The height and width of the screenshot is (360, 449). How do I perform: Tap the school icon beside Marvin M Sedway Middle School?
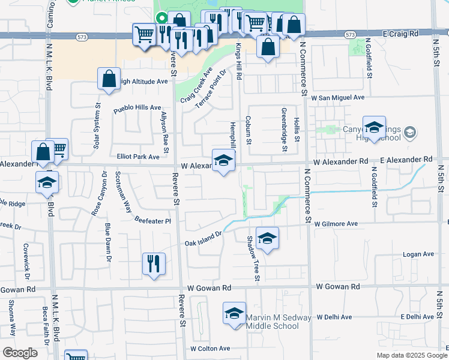coord(235,313)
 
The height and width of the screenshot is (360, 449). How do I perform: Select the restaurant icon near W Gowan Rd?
coord(154,263)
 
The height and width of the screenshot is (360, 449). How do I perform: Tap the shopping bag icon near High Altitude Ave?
coord(109,79)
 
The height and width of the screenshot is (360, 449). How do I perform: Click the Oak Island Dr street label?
coord(203,238)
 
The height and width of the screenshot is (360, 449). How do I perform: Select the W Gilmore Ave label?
coord(336,224)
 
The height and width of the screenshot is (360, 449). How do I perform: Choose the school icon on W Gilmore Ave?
coord(268,238)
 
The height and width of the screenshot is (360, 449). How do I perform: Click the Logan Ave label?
coord(418,254)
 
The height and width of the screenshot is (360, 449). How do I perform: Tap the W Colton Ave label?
coord(210,348)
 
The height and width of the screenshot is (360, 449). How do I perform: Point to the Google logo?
coord(20,353)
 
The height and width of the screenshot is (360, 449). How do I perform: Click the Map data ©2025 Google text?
coord(411,355)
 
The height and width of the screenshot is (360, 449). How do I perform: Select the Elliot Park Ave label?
coord(138,157)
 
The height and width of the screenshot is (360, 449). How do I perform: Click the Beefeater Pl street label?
coord(153,221)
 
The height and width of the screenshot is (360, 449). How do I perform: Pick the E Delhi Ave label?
coord(417,316)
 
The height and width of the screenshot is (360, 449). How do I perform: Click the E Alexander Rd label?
coord(406,160)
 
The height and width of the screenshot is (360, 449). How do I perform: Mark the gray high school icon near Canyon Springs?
coord(411,132)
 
